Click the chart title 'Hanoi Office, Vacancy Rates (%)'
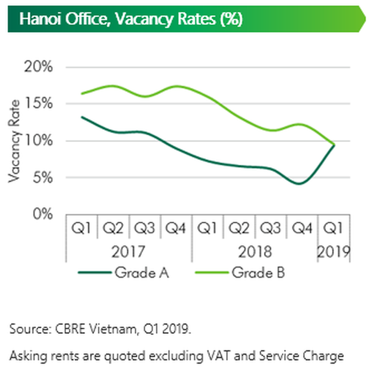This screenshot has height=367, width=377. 130,19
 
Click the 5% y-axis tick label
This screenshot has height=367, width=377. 42,178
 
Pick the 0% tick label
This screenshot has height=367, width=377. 42,215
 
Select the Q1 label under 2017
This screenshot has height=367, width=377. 81,228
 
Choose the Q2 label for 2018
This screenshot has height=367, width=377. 240,228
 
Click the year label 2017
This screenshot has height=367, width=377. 129,252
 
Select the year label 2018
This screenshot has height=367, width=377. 255,252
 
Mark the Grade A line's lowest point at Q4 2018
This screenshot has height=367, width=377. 300,183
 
